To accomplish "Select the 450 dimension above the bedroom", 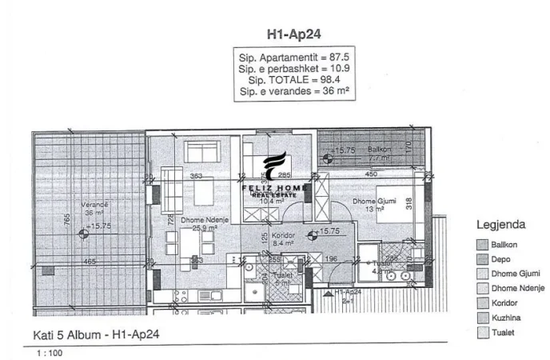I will coord(371,174).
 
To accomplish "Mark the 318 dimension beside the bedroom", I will coord(409,204).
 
